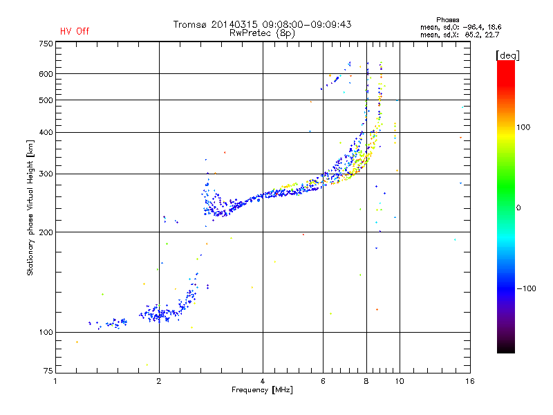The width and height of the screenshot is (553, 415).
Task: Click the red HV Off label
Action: pos(75,31)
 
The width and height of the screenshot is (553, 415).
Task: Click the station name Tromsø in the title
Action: pos(189,24)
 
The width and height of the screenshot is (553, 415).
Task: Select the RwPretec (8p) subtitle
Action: pos(262,33)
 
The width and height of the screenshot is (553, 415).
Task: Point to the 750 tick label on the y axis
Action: pos(46,44)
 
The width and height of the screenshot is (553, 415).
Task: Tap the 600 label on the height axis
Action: pos(46,74)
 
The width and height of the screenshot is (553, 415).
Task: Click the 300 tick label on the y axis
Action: pos(46,174)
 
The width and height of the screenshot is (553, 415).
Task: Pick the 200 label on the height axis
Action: pos(46,232)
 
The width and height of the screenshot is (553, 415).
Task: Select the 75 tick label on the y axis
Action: pos(48,371)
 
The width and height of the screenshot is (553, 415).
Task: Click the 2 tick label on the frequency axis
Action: pos(159,381)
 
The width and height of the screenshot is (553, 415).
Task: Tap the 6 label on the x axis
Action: pos(323,381)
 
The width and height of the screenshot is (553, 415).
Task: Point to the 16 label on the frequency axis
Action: pos(470,381)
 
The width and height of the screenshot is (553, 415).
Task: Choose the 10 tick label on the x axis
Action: pos(400,381)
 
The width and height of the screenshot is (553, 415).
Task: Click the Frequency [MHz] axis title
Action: pos(262,390)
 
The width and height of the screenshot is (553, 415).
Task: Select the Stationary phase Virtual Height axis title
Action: pos(30,208)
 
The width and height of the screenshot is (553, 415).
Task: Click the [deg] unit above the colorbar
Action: pos(507,55)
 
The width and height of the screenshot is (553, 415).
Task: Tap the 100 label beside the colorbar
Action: pos(523,127)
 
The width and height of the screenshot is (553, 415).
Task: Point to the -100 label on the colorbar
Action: pos(526,288)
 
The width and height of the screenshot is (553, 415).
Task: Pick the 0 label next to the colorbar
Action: pos(518,208)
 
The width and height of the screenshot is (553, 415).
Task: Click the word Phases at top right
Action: pos(447,20)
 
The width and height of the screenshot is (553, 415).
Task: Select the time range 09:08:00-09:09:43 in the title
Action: pos(307,24)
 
